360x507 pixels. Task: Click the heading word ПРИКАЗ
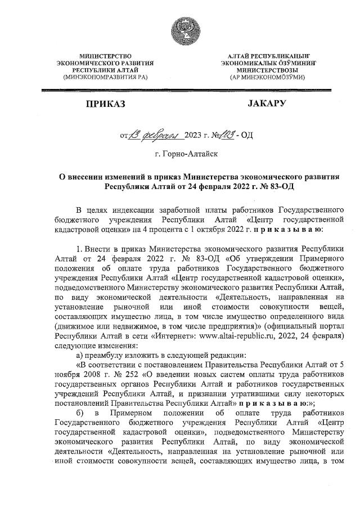105,104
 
